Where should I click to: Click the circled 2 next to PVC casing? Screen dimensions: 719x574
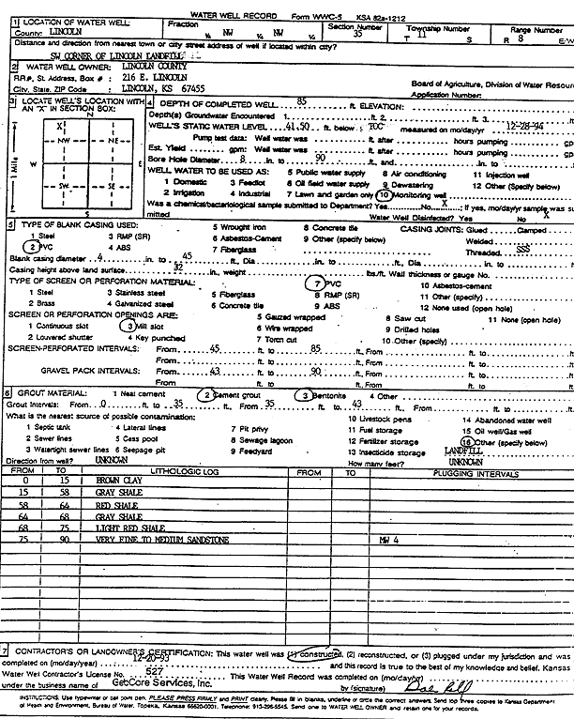(x=30, y=246)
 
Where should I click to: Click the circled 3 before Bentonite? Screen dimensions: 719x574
(x=307, y=395)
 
